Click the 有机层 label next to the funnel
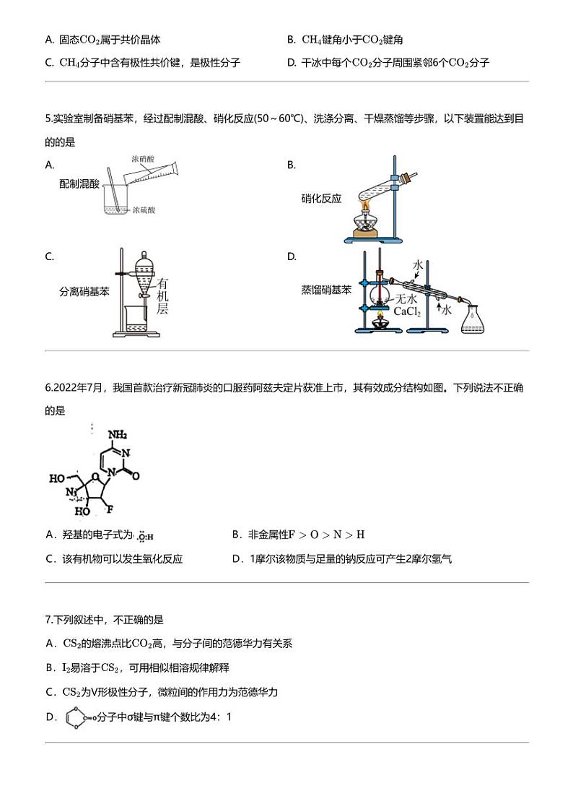tap(163, 296)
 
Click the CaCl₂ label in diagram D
tap(406, 312)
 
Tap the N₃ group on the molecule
tap(71, 493)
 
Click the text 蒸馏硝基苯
tap(326, 290)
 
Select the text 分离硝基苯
tap(84, 292)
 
